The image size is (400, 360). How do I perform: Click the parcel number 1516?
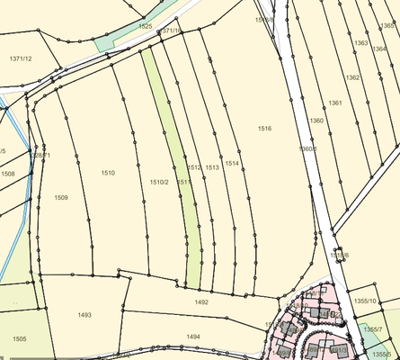264,129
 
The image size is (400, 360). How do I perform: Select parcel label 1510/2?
159,182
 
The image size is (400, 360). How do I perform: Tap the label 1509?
61,197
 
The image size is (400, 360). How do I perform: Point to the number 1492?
201,302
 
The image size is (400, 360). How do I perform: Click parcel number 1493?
84,315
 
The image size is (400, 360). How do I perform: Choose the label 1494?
192,336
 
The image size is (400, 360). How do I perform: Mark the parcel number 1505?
20,338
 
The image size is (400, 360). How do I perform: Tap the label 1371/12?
21,58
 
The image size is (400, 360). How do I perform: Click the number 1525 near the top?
146,28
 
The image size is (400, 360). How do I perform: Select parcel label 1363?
360,43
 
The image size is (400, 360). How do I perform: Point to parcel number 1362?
352,77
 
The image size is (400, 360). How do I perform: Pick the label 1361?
335,103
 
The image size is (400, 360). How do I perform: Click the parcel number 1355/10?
366,300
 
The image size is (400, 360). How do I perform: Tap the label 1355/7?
373,330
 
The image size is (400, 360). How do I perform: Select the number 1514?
232,163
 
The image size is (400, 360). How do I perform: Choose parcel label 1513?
212,167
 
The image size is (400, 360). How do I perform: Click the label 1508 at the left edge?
7,174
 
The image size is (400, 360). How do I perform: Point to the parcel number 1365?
387,26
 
